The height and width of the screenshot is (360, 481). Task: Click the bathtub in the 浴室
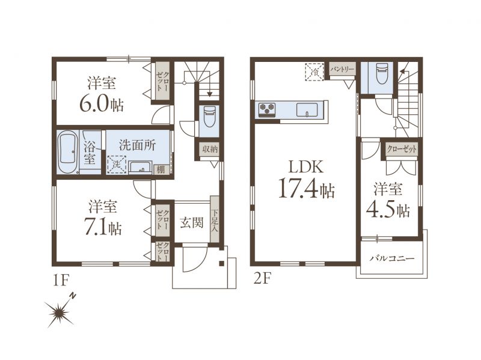67,153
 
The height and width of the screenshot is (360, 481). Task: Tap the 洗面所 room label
138,145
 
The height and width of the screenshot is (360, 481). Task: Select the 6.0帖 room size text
102,105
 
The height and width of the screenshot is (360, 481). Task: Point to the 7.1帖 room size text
103,228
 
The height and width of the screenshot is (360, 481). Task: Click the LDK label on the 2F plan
305,168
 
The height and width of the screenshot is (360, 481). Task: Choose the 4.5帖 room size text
388,211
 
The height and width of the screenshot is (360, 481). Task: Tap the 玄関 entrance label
191,222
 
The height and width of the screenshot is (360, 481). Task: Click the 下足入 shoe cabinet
215,219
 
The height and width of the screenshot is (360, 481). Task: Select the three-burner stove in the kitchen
267,110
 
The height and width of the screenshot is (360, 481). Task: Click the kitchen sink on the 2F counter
307,110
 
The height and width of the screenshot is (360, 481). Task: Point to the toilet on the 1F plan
209,116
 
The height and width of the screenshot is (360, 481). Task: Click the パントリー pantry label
342,69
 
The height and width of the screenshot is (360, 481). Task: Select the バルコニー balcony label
392,258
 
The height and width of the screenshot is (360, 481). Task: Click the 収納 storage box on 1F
210,149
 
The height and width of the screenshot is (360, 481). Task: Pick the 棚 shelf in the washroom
161,169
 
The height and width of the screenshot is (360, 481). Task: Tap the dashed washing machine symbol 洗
117,165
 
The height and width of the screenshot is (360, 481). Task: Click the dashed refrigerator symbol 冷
314,72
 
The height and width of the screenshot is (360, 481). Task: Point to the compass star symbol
59,313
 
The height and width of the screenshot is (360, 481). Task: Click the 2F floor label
262,279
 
